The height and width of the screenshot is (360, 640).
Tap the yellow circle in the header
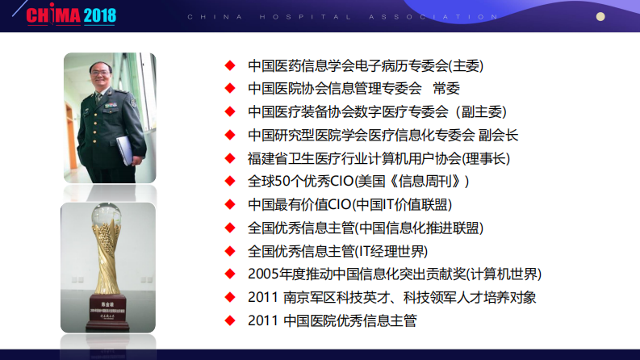600,15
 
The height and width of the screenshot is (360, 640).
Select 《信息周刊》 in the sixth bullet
429,181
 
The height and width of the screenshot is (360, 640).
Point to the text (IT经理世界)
391,251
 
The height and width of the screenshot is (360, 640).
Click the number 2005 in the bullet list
264,274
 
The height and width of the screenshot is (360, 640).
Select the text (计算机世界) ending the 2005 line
501,274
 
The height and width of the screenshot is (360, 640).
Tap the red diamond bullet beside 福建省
230,158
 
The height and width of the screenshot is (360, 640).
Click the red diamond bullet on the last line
230,320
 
